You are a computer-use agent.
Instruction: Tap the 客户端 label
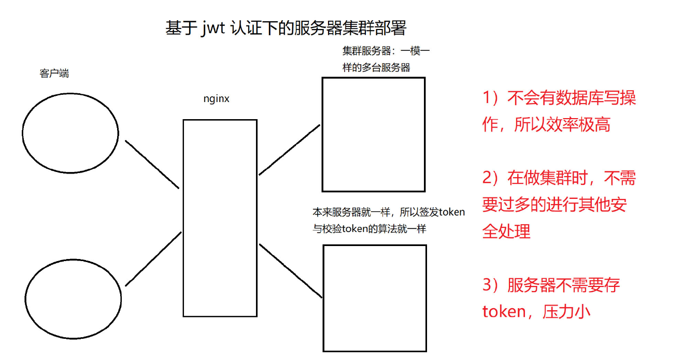click(x=54, y=73)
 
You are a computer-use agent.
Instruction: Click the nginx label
click(x=216, y=98)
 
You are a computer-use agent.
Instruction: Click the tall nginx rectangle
click(x=220, y=218)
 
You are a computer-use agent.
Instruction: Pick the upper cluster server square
click(x=373, y=135)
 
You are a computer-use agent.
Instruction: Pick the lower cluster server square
click(x=375, y=298)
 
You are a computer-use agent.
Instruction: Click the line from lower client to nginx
click(x=153, y=258)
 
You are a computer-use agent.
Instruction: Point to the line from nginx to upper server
click(x=290, y=149)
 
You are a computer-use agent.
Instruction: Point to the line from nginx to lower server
click(x=291, y=270)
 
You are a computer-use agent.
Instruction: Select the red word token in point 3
click(x=504, y=312)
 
